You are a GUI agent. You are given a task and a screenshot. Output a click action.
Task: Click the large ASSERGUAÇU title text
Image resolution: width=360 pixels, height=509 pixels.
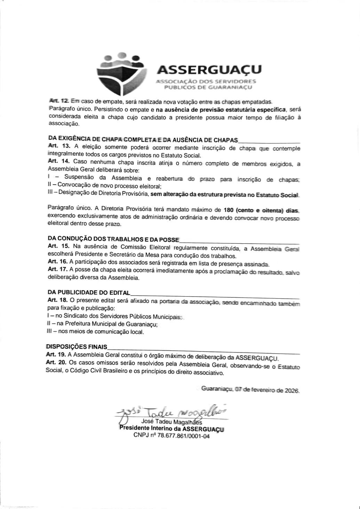209,70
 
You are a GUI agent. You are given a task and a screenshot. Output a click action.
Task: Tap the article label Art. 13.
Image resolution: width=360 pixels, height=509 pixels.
59,146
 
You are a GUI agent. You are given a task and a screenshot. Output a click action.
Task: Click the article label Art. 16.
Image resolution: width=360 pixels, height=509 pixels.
57,261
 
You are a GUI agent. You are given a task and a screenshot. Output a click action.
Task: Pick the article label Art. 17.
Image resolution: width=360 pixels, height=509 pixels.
57,269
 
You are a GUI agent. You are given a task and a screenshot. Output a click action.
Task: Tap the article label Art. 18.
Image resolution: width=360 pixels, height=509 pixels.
57,300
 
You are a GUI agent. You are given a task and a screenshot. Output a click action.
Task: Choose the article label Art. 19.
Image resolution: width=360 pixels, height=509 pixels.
56,355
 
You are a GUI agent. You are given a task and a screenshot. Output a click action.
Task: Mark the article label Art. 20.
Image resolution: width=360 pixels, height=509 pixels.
56,362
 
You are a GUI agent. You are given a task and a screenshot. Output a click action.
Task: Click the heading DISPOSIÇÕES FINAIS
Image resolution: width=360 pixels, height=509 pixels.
77,347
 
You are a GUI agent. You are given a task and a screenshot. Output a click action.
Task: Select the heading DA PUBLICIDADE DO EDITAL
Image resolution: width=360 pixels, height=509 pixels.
89,293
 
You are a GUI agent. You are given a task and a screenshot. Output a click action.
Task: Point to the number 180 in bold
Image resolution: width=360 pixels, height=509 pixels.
229,210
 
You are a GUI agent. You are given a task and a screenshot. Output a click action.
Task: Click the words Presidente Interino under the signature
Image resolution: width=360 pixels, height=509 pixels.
145,428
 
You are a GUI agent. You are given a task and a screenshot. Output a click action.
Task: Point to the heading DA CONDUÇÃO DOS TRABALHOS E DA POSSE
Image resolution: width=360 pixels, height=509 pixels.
113,239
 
